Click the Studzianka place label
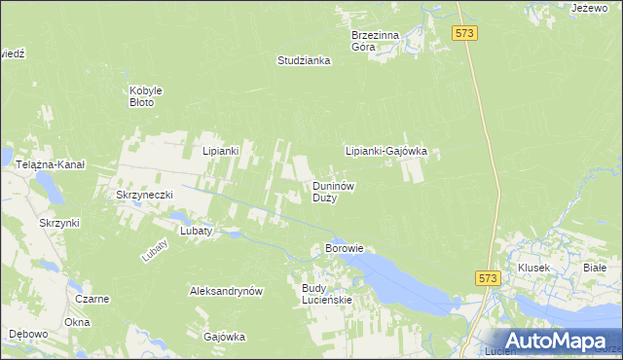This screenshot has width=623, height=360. tap(304, 60)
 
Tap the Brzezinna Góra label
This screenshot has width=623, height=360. tap(375, 40)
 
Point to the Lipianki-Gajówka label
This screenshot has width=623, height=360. tap(386, 152)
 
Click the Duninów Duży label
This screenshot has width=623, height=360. tap(332, 191)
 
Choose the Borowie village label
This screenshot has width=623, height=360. tap(344, 248)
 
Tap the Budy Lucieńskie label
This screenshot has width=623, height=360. tap(327, 295)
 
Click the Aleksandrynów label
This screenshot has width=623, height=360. tap(227, 291)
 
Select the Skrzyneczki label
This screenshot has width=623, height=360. tap(144, 195)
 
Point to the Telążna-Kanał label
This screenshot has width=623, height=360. tap(51, 165)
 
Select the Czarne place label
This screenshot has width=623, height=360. tap(92, 299)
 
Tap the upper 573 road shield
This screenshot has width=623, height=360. tap(464, 34)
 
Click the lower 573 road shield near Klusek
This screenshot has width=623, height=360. tap(490, 278)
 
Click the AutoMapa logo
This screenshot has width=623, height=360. tap(559, 341)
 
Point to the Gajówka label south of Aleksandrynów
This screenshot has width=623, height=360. tap(224, 337)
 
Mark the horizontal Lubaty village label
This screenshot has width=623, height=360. tap(197, 231)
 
